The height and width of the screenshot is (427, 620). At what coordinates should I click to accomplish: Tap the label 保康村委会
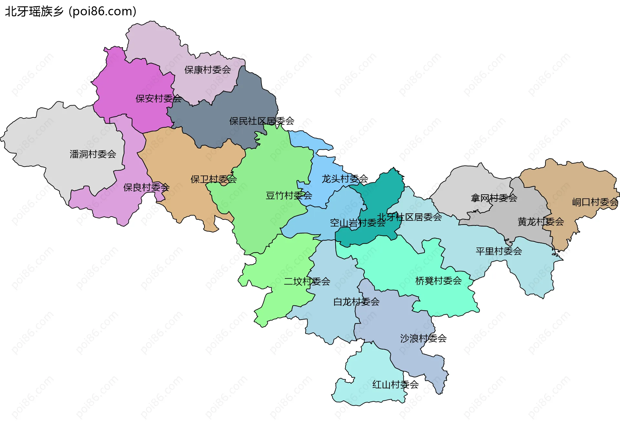[x=207, y=70]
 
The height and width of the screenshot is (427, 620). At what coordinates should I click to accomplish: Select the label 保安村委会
[x=159, y=99]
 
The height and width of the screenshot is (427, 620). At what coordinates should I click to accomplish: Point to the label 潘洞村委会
[x=93, y=154]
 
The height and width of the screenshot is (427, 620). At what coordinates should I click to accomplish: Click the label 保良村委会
[x=146, y=187]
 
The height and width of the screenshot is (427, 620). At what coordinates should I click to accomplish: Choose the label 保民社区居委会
[x=262, y=121]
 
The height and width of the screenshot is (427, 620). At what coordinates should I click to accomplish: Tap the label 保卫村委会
[x=213, y=179]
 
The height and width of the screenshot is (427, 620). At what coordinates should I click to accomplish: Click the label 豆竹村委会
[x=289, y=196]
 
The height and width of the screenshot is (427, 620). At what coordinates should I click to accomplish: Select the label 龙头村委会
[x=345, y=179]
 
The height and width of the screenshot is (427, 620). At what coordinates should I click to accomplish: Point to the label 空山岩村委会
[x=357, y=223]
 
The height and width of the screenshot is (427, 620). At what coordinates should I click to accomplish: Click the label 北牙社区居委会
[x=409, y=217]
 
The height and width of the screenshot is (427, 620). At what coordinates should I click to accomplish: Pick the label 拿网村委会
[x=494, y=198]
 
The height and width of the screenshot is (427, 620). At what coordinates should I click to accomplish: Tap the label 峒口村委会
[x=595, y=202]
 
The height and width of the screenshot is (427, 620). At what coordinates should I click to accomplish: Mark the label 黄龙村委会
[x=541, y=222]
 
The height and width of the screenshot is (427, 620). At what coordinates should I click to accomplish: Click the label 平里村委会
[x=499, y=251]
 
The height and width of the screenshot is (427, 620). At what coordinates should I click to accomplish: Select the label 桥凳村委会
[x=438, y=281]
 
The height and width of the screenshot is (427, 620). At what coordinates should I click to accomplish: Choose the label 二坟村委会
[x=307, y=282]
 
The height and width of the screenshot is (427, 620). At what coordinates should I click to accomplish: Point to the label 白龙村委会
[x=356, y=302]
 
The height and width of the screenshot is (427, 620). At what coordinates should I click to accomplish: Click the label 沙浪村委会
[x=423, y=339]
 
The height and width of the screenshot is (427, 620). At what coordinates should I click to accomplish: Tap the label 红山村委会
[x=395, y=385]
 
